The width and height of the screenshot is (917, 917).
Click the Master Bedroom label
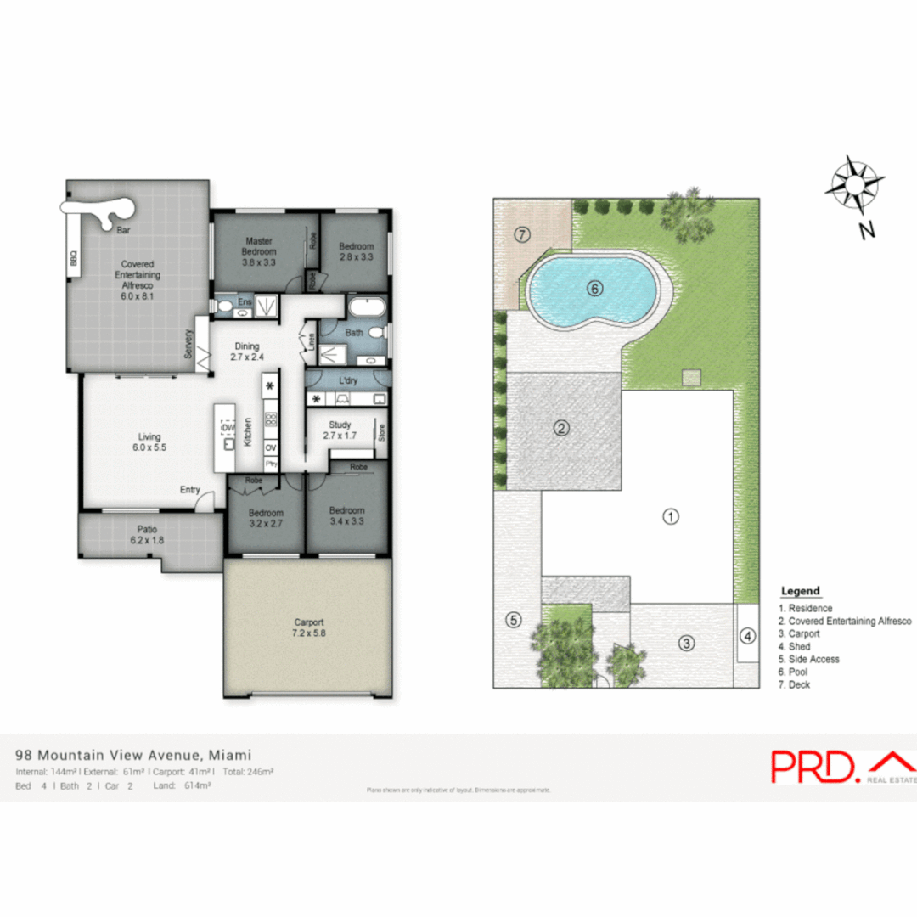click(259, 246)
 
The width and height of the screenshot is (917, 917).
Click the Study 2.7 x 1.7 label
click(340, 430)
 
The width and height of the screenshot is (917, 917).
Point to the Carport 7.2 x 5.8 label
click(307, 627)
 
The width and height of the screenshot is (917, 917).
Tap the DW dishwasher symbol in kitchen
click(228, 428)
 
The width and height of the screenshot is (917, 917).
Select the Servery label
click(188, 344)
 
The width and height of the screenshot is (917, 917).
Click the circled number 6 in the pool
click(594, 289)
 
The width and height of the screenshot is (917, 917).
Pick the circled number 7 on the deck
click(521, 233)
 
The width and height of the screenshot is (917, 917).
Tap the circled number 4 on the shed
click(747, 635)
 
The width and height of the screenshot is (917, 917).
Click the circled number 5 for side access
click(513, 620)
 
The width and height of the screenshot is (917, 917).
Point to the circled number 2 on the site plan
click(560, 428)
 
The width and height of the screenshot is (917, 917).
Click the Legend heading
click(800, 591)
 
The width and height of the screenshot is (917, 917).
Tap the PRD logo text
click(813, 766)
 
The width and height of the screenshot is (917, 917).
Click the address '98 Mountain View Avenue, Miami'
click(133, 755)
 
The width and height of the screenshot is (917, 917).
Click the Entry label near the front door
click(190, 490)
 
